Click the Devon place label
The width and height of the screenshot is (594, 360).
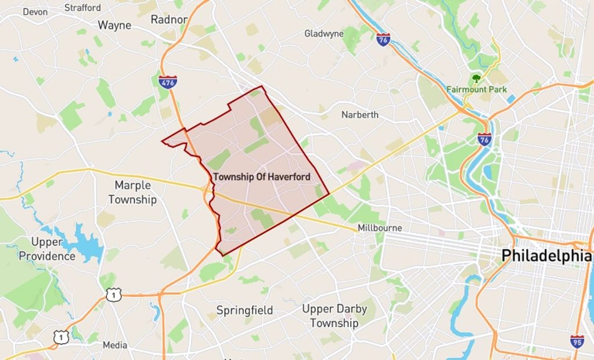pos(35,12)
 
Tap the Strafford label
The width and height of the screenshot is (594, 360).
pos(82,8)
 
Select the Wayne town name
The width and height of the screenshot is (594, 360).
pos(114,25)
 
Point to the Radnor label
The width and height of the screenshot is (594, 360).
pos(169,19)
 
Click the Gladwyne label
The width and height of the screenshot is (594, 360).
pos(324,34)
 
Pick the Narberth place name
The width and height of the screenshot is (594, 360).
pos(359,114)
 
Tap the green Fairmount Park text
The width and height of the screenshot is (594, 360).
pos(477,89)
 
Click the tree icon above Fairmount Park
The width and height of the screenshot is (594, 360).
pos(477,78)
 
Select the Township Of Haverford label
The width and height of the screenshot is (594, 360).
pos(262,177)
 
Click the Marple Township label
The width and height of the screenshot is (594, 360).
pos(132,192)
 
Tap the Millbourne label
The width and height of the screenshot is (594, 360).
pos(380,228)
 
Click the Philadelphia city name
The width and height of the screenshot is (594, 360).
pos(546,255)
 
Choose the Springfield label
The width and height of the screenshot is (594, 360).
pos(244,310)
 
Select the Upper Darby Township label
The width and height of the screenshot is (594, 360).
pos(334,316)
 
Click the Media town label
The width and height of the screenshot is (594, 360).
pos(115,345)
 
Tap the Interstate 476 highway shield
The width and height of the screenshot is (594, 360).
pos(167,82)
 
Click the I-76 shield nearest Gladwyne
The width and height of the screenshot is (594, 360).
pos(383,39)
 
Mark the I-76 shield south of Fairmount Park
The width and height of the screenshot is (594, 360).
pos(484,139)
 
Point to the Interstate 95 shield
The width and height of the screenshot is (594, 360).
pos(577,341)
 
